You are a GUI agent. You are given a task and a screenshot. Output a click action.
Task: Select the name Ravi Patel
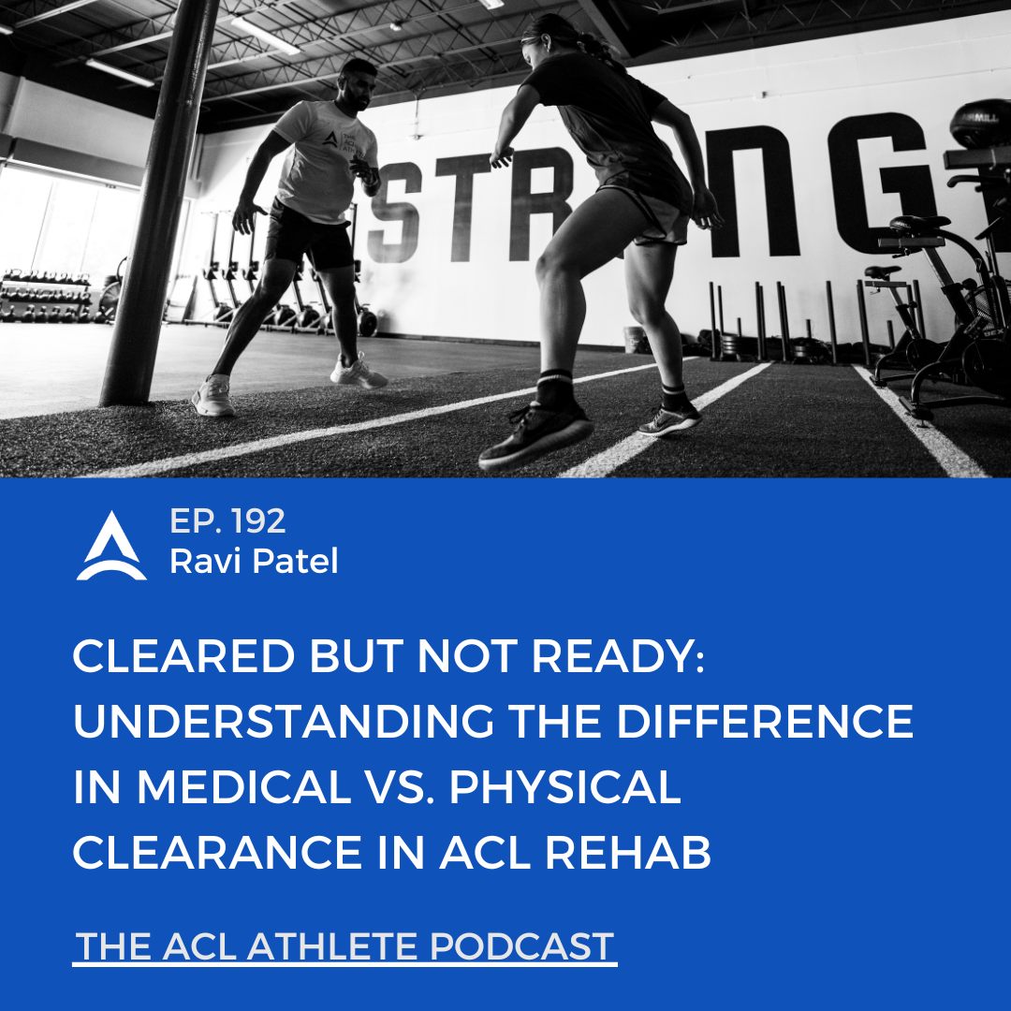point(254,561)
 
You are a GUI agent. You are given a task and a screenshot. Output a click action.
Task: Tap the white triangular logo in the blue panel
point(111,546)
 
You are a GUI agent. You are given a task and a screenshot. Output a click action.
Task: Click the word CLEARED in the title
point(183,656)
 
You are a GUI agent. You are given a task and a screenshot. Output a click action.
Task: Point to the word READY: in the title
point(618,656)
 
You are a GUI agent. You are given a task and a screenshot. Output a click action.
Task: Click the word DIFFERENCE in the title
point(765,721)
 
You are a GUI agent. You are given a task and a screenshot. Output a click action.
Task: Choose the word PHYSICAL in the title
point(564,786)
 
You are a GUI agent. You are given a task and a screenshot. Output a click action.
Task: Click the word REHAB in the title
point(628,853)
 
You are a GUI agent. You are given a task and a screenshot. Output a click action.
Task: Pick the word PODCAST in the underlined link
point(521,946)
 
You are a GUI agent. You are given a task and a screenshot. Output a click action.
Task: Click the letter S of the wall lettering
point(394,212)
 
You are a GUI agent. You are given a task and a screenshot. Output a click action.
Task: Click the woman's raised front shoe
point(536,435)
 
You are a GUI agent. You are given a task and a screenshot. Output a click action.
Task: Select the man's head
point(358,84)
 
